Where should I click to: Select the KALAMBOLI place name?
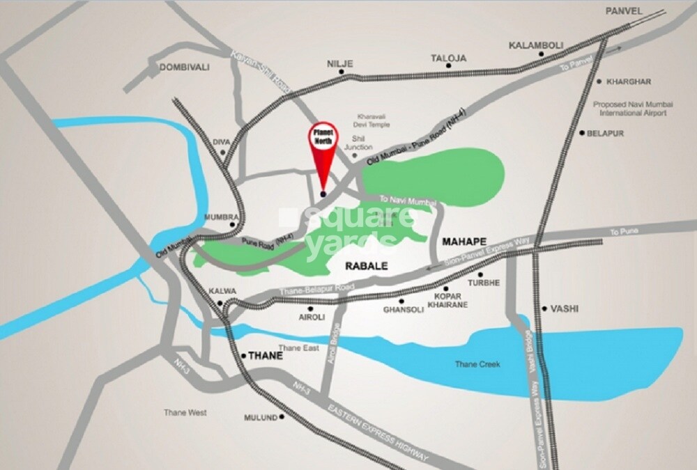click(535, 45)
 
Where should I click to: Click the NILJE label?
click(340, 63)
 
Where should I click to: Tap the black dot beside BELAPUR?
click(581, 133)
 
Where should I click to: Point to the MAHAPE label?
click(464, 241)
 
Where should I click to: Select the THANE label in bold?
click(266, 355)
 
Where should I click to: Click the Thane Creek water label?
click(478, 363)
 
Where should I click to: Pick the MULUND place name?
click(260, 418)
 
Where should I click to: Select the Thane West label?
click(185, 413)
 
